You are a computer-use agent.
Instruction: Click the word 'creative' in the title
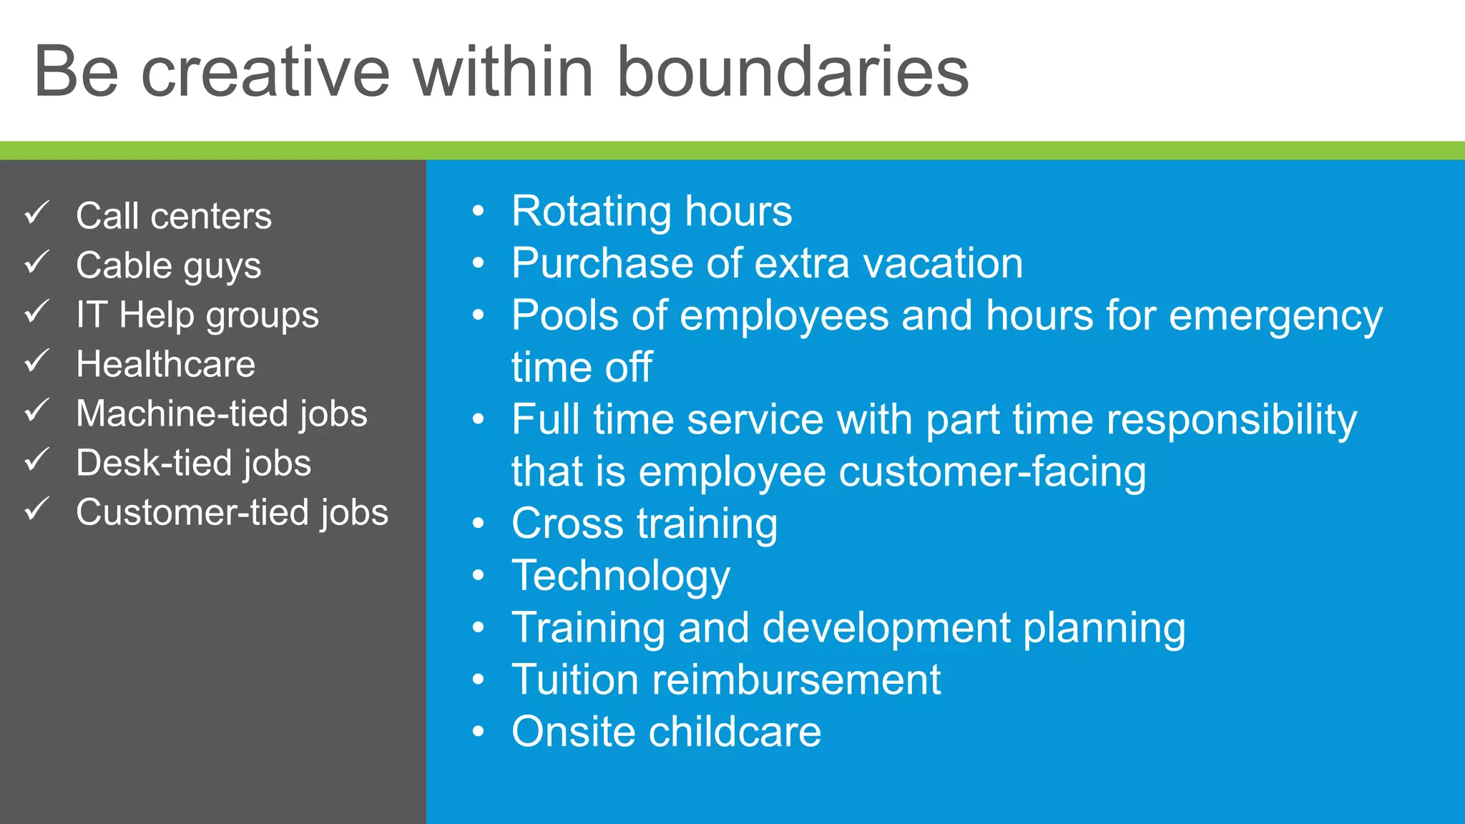[265, 73]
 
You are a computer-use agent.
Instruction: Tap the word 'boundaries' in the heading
[792, 73]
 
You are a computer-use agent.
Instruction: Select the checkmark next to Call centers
[37, 212]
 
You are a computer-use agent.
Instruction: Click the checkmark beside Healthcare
[37, 361]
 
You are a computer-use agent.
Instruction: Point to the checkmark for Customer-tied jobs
[37, 509]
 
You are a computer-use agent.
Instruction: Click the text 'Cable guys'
[169, 266]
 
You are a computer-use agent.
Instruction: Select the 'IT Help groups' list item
[197, 315]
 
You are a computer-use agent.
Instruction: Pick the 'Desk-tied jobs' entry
[194, 463]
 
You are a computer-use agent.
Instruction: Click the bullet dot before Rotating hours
[479, 212]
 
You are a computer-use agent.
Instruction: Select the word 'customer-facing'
[992, 472]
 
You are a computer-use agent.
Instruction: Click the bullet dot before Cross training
[479, 524]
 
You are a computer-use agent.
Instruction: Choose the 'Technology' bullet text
[621, 577]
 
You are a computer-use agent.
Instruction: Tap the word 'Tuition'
[574, 680]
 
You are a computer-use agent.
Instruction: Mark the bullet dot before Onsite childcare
[479, 732]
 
